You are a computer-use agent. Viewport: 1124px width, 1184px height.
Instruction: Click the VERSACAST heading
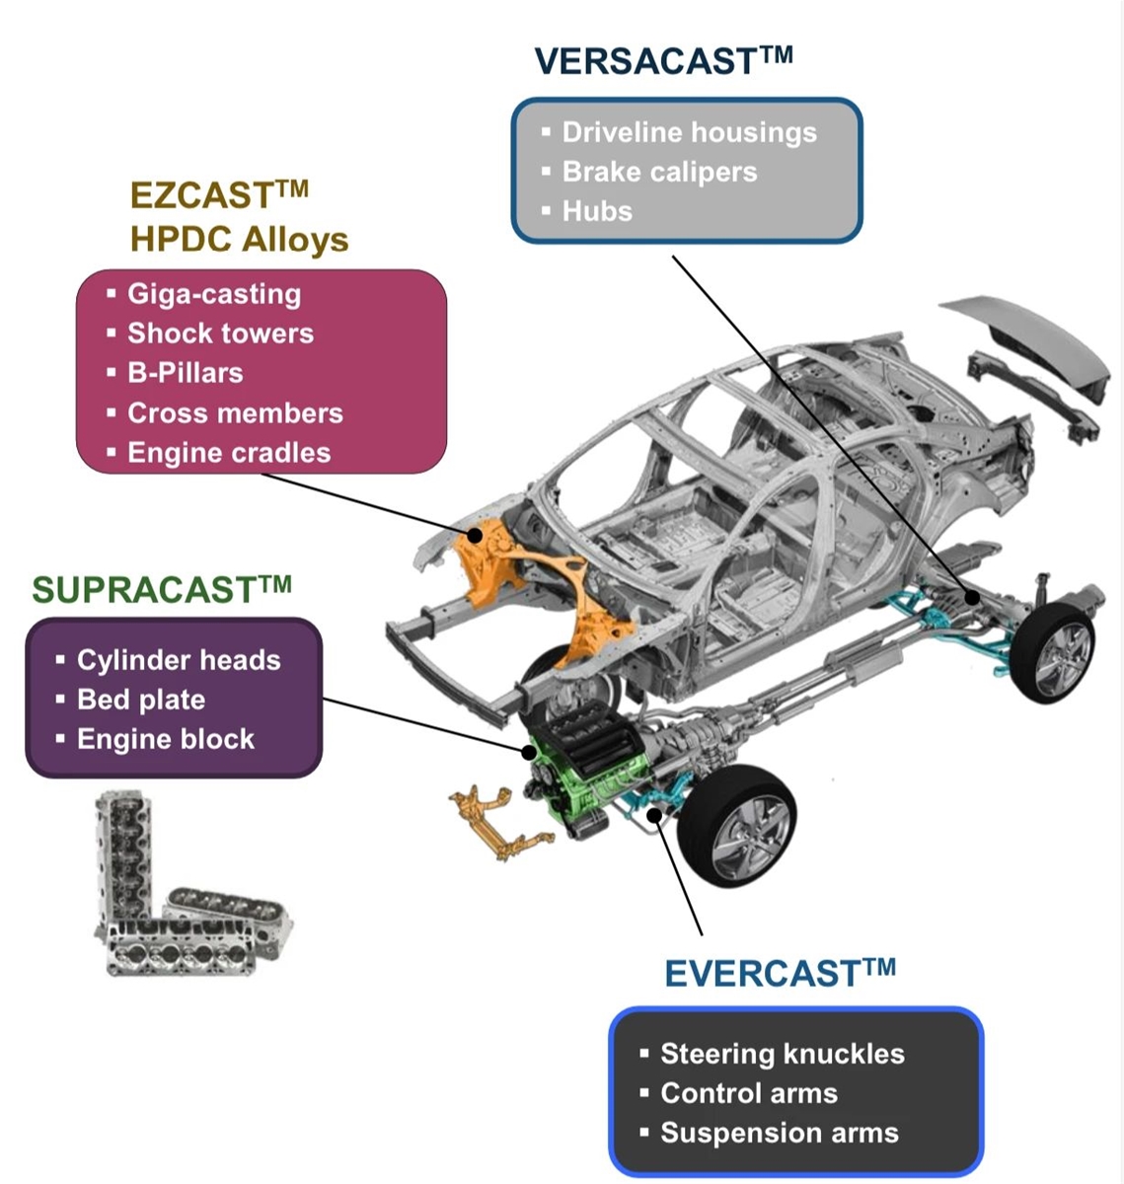[x=663, y=61]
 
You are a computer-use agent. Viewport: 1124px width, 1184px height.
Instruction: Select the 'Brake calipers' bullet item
[x=659, y=172]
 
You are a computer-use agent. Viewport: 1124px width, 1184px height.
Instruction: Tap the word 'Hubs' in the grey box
[x=597, y=211]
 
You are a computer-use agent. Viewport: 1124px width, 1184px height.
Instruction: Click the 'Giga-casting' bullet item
[x=214, y=294]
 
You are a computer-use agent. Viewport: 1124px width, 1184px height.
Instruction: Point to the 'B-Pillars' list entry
[x=185, y=373]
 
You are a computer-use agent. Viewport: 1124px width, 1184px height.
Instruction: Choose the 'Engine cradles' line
[x=229, y=453]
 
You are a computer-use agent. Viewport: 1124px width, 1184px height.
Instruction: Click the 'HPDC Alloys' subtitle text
[x=239, y=240]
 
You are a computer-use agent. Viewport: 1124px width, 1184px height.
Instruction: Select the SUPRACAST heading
[x=161, y=590]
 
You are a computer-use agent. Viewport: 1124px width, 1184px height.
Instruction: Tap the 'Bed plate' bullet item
[x=141, y=700]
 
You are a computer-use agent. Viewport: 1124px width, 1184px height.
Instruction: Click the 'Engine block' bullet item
[x=166, y=739]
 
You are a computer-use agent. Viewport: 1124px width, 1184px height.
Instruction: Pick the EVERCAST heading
[x=780, y=974]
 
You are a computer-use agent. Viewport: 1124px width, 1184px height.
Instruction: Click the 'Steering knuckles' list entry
[x=782, y=1054]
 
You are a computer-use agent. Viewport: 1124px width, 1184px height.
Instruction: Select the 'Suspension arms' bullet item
[x=779, y=1133]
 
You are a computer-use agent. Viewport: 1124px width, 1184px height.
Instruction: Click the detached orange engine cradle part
[x=493, y=824]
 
